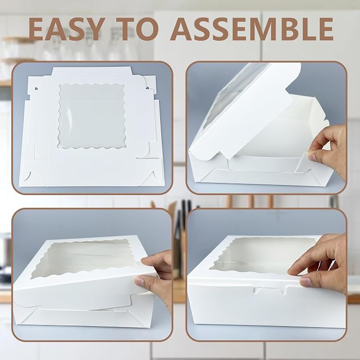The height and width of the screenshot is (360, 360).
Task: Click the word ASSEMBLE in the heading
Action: pos(252,29)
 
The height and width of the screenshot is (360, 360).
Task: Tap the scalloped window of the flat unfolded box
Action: pos(92,116)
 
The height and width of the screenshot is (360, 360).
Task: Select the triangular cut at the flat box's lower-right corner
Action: pos(151,177)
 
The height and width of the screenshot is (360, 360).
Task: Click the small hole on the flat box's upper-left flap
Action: pos(36,88)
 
